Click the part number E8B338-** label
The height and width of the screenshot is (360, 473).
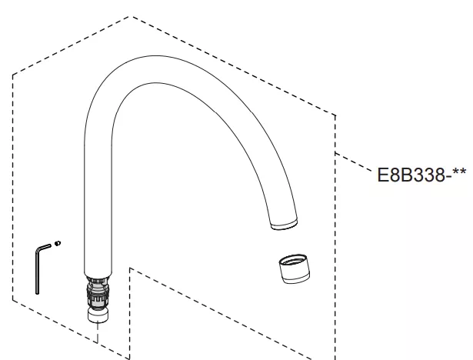pos(421,175)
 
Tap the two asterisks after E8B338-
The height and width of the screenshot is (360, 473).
pos(459,172)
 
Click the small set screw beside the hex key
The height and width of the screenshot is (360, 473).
pos(58,243)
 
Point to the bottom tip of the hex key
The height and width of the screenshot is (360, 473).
pos(38,293)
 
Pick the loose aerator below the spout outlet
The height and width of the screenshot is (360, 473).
pos(294,268)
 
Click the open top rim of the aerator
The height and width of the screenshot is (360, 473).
pos(293,259)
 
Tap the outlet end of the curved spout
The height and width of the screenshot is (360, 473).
pos(284,225)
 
